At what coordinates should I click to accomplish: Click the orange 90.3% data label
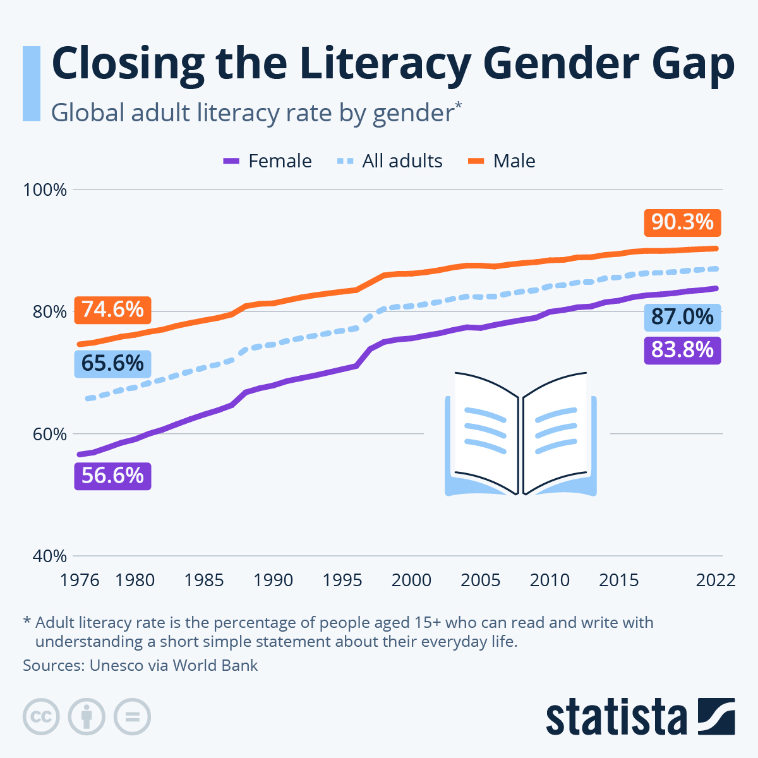pyautogui.click(x=682, y=222)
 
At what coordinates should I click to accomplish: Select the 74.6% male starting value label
pyautogui.click(x=112, y=310)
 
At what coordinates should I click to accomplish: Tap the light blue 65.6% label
pyautogui.click(x=112, y=364)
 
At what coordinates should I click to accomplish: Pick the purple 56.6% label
pyautogui.click(x=112, y=475)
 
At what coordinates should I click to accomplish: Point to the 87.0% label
pyautogui.click(x=682, y=316)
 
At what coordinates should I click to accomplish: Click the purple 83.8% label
pyautogui.click(x=682, y=349)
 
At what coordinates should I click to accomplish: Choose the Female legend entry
pyautogui.click(x=268, y=161)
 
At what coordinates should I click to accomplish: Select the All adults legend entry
pyautogui.click(x=390, y=161)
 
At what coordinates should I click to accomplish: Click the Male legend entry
pyautogui.click(x=502, y=161)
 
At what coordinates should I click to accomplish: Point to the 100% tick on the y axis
pyautogui.click(x=45, y=189)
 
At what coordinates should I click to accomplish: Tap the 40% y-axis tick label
pyautogui.click(x=45, y=556)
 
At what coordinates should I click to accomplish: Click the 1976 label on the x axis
pyautogui.click(x=80, y=580)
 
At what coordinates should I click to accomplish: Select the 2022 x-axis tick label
pyautogui.click(x=716, y=580)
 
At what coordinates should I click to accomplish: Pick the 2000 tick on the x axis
pyautogui.click(x=411, y=580)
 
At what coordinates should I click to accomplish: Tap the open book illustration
pyautogui.click(x=521, y=434)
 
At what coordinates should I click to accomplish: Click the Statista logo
pyautogui.click(x=640, y=716)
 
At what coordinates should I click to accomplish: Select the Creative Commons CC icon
pyautogui.click(x=41, y=717)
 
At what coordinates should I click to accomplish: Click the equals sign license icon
pyautogui.click(x=132, y=717)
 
